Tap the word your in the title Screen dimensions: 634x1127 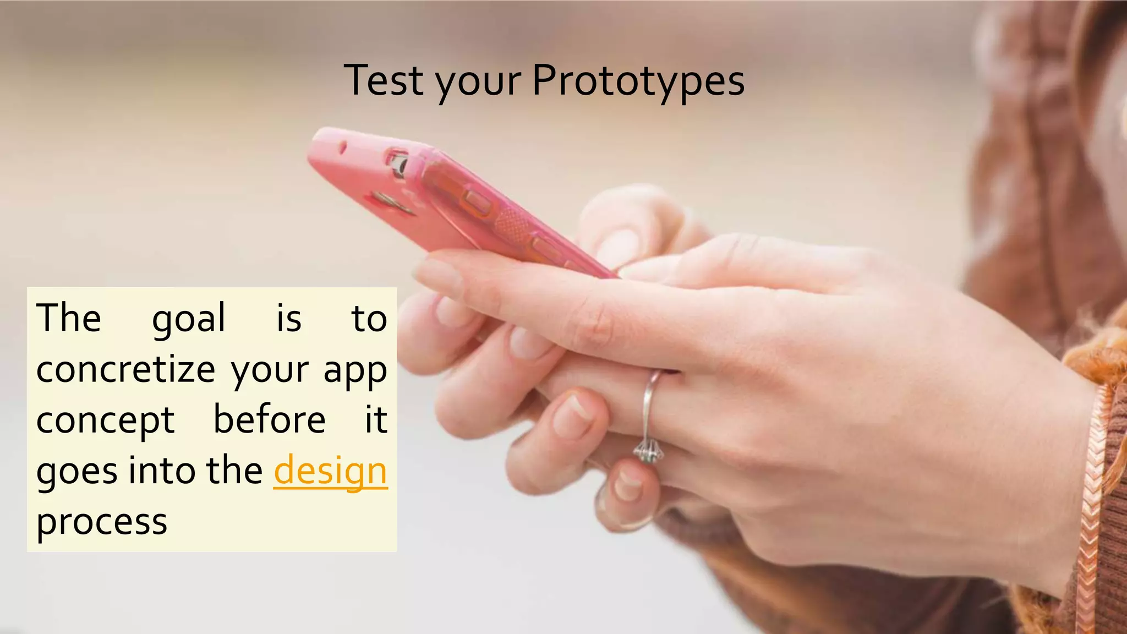point(478,83)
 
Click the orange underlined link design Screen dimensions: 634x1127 point(331,471)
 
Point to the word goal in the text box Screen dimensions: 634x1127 point(189,319)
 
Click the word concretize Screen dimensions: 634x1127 point(125,369)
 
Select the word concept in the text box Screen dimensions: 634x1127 point(105,421)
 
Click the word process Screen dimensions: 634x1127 point(102,522)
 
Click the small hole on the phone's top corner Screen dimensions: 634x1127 point(342,147)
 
